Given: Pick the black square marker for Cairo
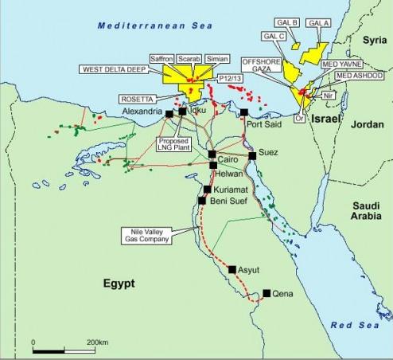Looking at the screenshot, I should coord(212,153).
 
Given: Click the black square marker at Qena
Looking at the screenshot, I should coord(267,293).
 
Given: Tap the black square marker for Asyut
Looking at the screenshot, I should coord(232,270).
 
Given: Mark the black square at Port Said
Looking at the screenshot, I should coord(244,112).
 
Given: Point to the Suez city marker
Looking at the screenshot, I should coord(252,156).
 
